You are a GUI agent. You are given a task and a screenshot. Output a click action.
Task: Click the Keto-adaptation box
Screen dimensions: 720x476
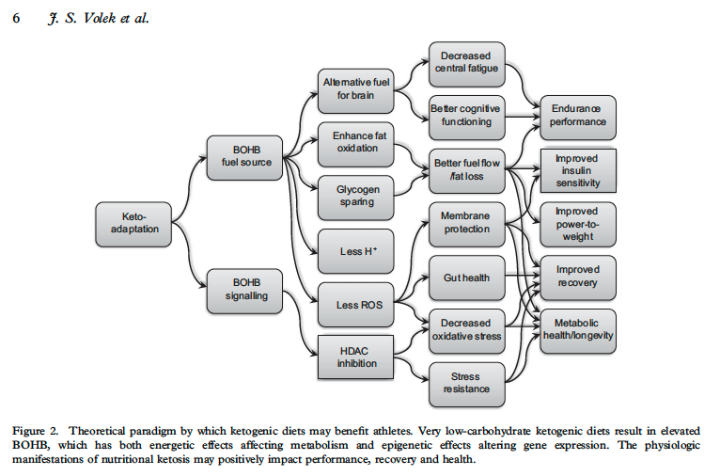(133, 224)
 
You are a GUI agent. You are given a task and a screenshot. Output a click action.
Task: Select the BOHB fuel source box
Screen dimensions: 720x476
(244, 158)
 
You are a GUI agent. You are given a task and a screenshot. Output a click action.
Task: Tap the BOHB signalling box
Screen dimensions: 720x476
(244, 292)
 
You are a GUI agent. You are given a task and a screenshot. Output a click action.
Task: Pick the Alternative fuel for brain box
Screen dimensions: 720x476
(356, 91)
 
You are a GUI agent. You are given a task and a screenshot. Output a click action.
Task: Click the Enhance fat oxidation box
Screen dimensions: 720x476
(356, 144)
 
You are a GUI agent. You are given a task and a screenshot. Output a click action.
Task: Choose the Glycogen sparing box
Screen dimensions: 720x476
(356, 198)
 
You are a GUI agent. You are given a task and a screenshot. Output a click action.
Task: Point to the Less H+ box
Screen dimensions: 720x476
(356, 251)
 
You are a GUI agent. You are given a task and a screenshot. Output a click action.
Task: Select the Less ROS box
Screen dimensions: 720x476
(356, 305)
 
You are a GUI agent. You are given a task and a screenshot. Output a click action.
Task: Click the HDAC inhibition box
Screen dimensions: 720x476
(356, 357)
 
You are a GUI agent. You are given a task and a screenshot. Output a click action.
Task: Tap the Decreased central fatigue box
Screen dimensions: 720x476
(467, 64)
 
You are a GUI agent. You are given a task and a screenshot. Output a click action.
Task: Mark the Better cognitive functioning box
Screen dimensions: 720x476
(467, 118)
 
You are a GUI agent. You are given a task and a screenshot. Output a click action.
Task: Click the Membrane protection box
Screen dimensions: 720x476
(467, 225)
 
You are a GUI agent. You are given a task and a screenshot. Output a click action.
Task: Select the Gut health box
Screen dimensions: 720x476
(467, 278)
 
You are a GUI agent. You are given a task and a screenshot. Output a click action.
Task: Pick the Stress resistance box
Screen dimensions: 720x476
(467, 385)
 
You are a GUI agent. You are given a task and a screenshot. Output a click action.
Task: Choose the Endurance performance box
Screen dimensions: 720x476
(578, 118)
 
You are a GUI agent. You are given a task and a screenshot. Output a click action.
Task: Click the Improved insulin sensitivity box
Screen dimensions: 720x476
(579, 170)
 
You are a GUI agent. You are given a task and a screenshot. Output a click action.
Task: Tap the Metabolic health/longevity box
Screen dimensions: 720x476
(578, 331)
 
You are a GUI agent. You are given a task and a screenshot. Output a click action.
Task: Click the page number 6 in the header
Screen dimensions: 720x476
(16, 19)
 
